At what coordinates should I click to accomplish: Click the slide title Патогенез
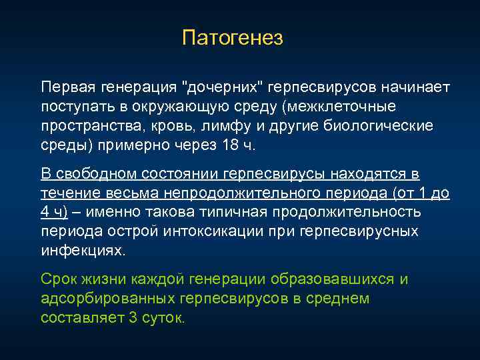pos(233,38)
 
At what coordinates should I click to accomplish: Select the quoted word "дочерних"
pos(224,88)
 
